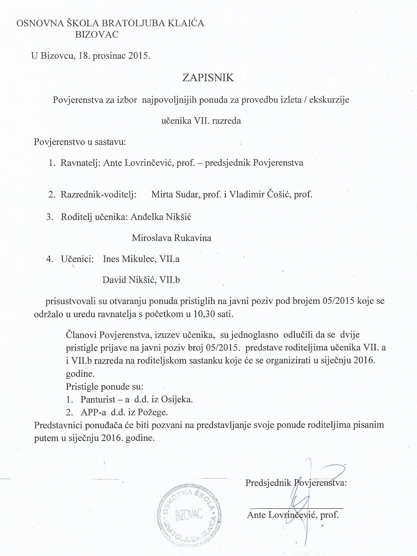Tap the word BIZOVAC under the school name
click(x=97, y=34)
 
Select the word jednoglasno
click(x=253, y=335)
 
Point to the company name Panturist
click(x=98, y=399)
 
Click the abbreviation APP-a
click(x=92, y=412)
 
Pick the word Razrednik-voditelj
click(x=98, y=194)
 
